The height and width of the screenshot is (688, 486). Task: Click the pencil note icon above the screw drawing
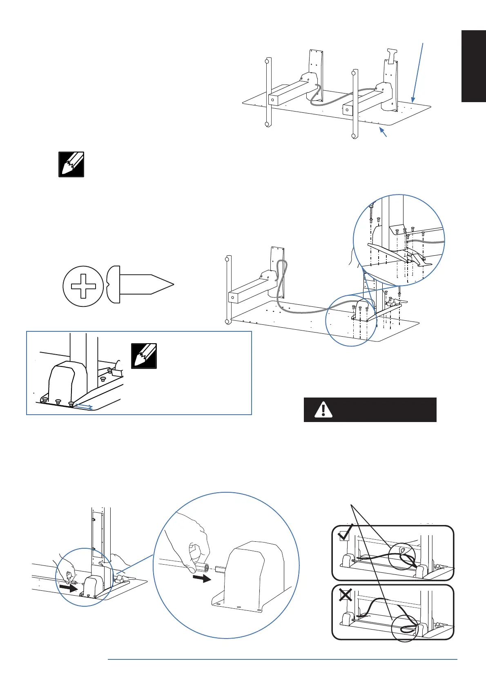point(71,164)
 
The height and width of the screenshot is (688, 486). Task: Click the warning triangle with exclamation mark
point(323,409)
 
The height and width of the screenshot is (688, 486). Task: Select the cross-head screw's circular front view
point(83,286)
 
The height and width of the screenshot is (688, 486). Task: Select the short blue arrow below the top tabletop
point(383,132)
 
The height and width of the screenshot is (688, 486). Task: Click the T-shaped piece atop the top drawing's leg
point(391,56)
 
